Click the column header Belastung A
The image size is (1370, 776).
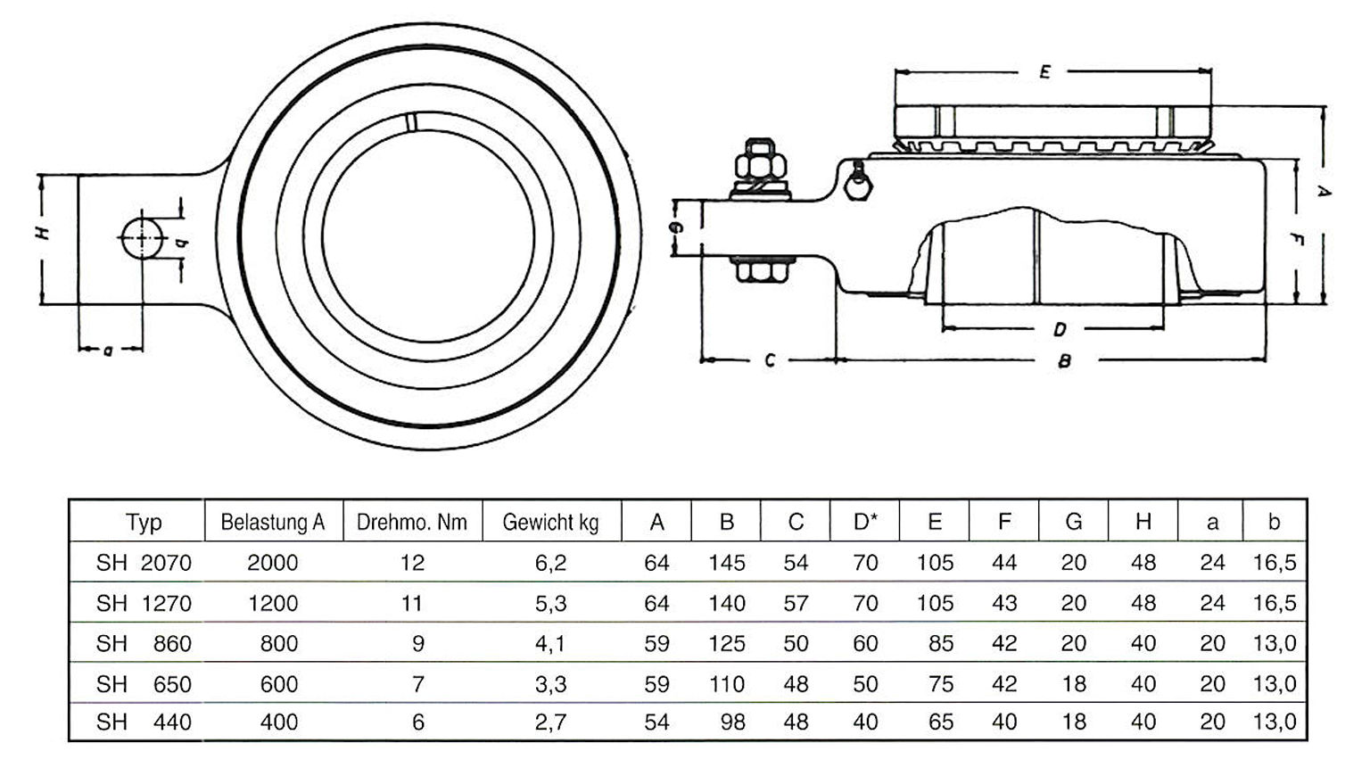pyautogui.click(x=272, y=522)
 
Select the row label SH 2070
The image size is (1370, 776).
pyautogui.click(x=144, y=563)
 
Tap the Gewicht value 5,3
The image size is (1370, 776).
pyautogui.click(x=550, y=604)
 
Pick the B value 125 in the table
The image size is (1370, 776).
pyautogui.click(x=726, y=643)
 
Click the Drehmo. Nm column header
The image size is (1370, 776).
pyautogui.click(x=411, y=522)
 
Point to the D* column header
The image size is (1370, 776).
pyautogui.click(x=865, y=522)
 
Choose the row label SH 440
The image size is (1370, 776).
pyautogui.click(x=144, y=722)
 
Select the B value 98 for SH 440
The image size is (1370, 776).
pyautogui.click(x=732, y=722)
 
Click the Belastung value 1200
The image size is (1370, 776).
pyautogui.click(x=273, y=604)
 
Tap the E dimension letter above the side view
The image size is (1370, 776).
pyautogui.click(x=1045, y=72)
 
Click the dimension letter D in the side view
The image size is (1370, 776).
pyautogui.click(x=1059, y=330)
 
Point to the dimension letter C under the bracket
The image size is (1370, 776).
pyautogui.click(x=770, y=360)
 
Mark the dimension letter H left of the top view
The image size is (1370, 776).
pyautogui.click(x=42, y=233)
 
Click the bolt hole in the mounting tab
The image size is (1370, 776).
pyautogui.click(x=141, y=238)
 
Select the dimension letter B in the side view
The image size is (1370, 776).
pyautogui.click(x=1063, y=361)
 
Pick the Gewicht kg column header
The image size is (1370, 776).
pyautogui.click(x=550, y=522)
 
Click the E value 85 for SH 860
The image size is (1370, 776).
pyautogui.click(x=941, y=643)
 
